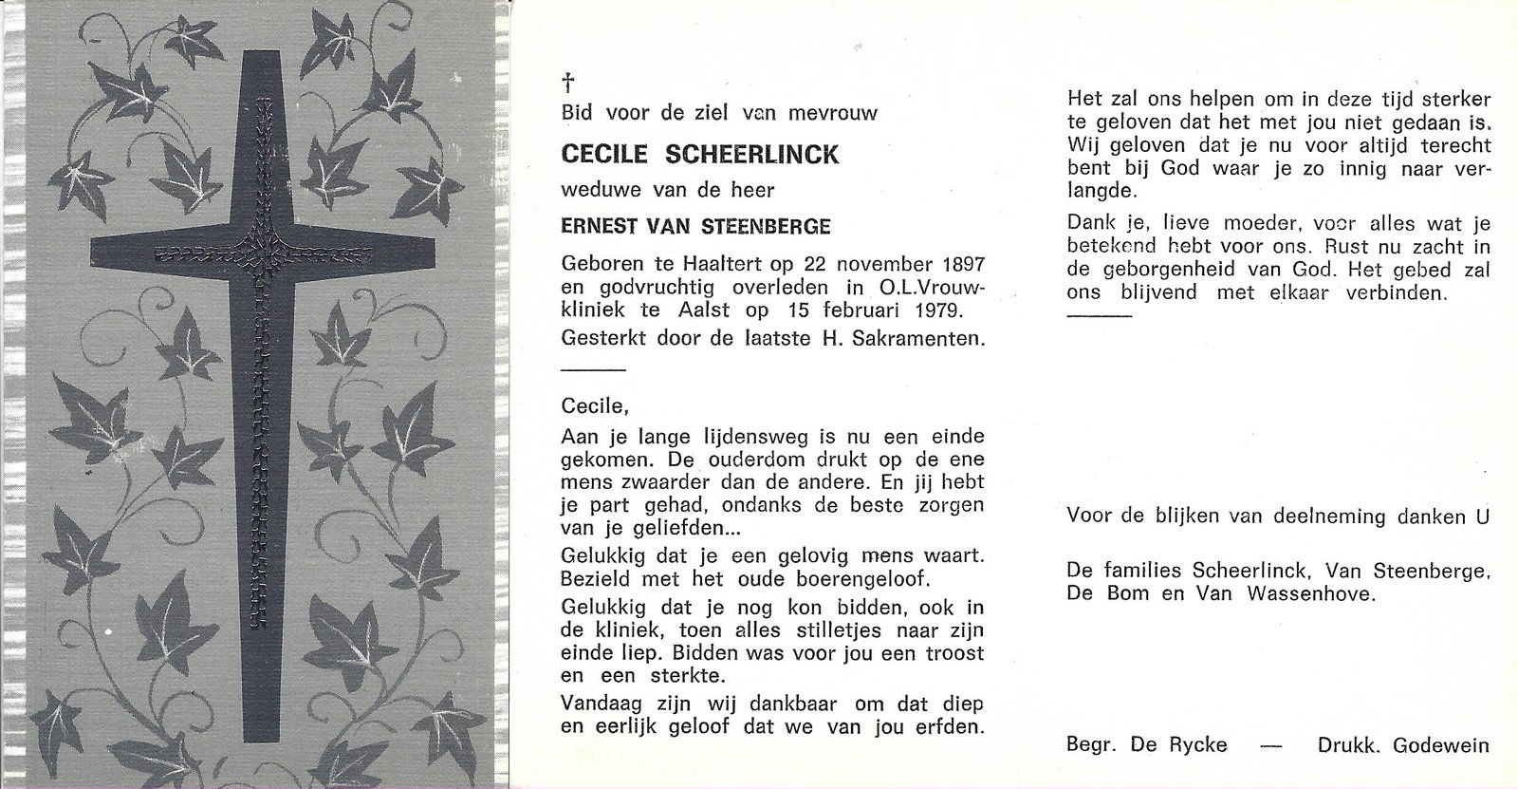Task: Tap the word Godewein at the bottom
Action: click(1440, 745)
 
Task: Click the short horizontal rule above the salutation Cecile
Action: click(593, 368)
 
